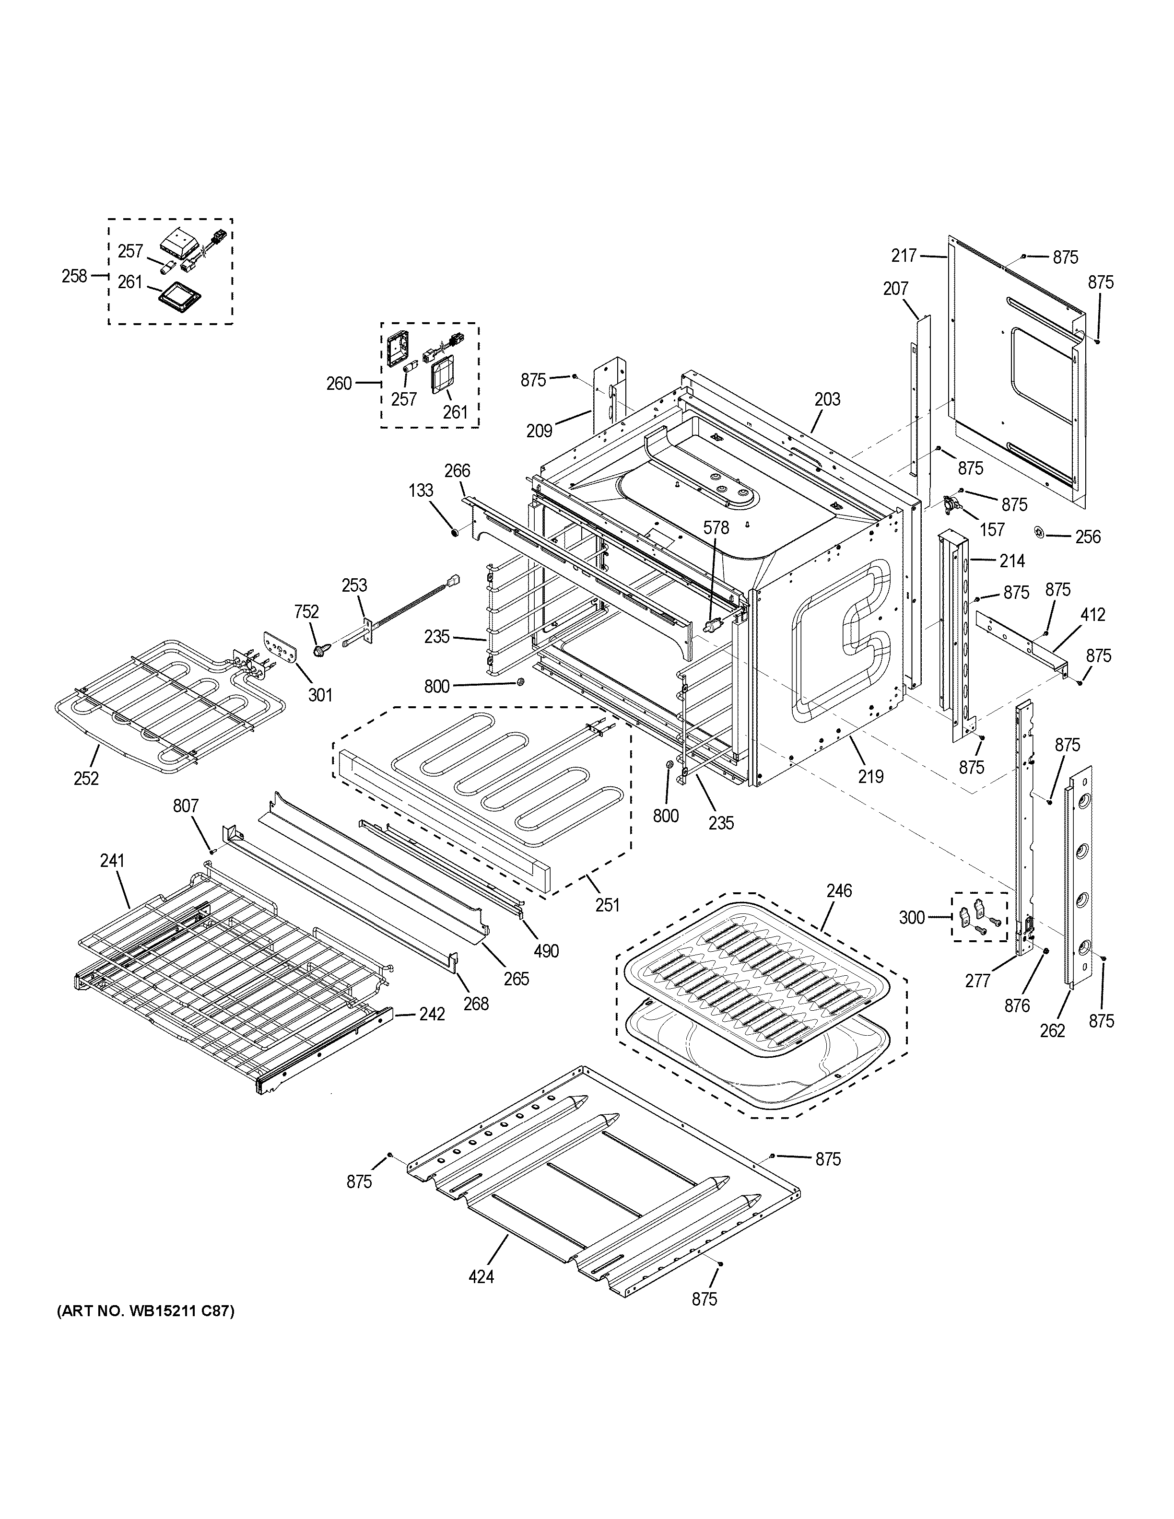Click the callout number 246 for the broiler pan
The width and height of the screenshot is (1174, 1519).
pos(839,890)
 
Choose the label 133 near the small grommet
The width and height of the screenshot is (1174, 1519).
pos(421,491)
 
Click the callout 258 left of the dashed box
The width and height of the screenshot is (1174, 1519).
pos(74,276)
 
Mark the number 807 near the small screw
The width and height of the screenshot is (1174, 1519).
pos(186,806)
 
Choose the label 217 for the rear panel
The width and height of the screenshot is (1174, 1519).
pos(904,256)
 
